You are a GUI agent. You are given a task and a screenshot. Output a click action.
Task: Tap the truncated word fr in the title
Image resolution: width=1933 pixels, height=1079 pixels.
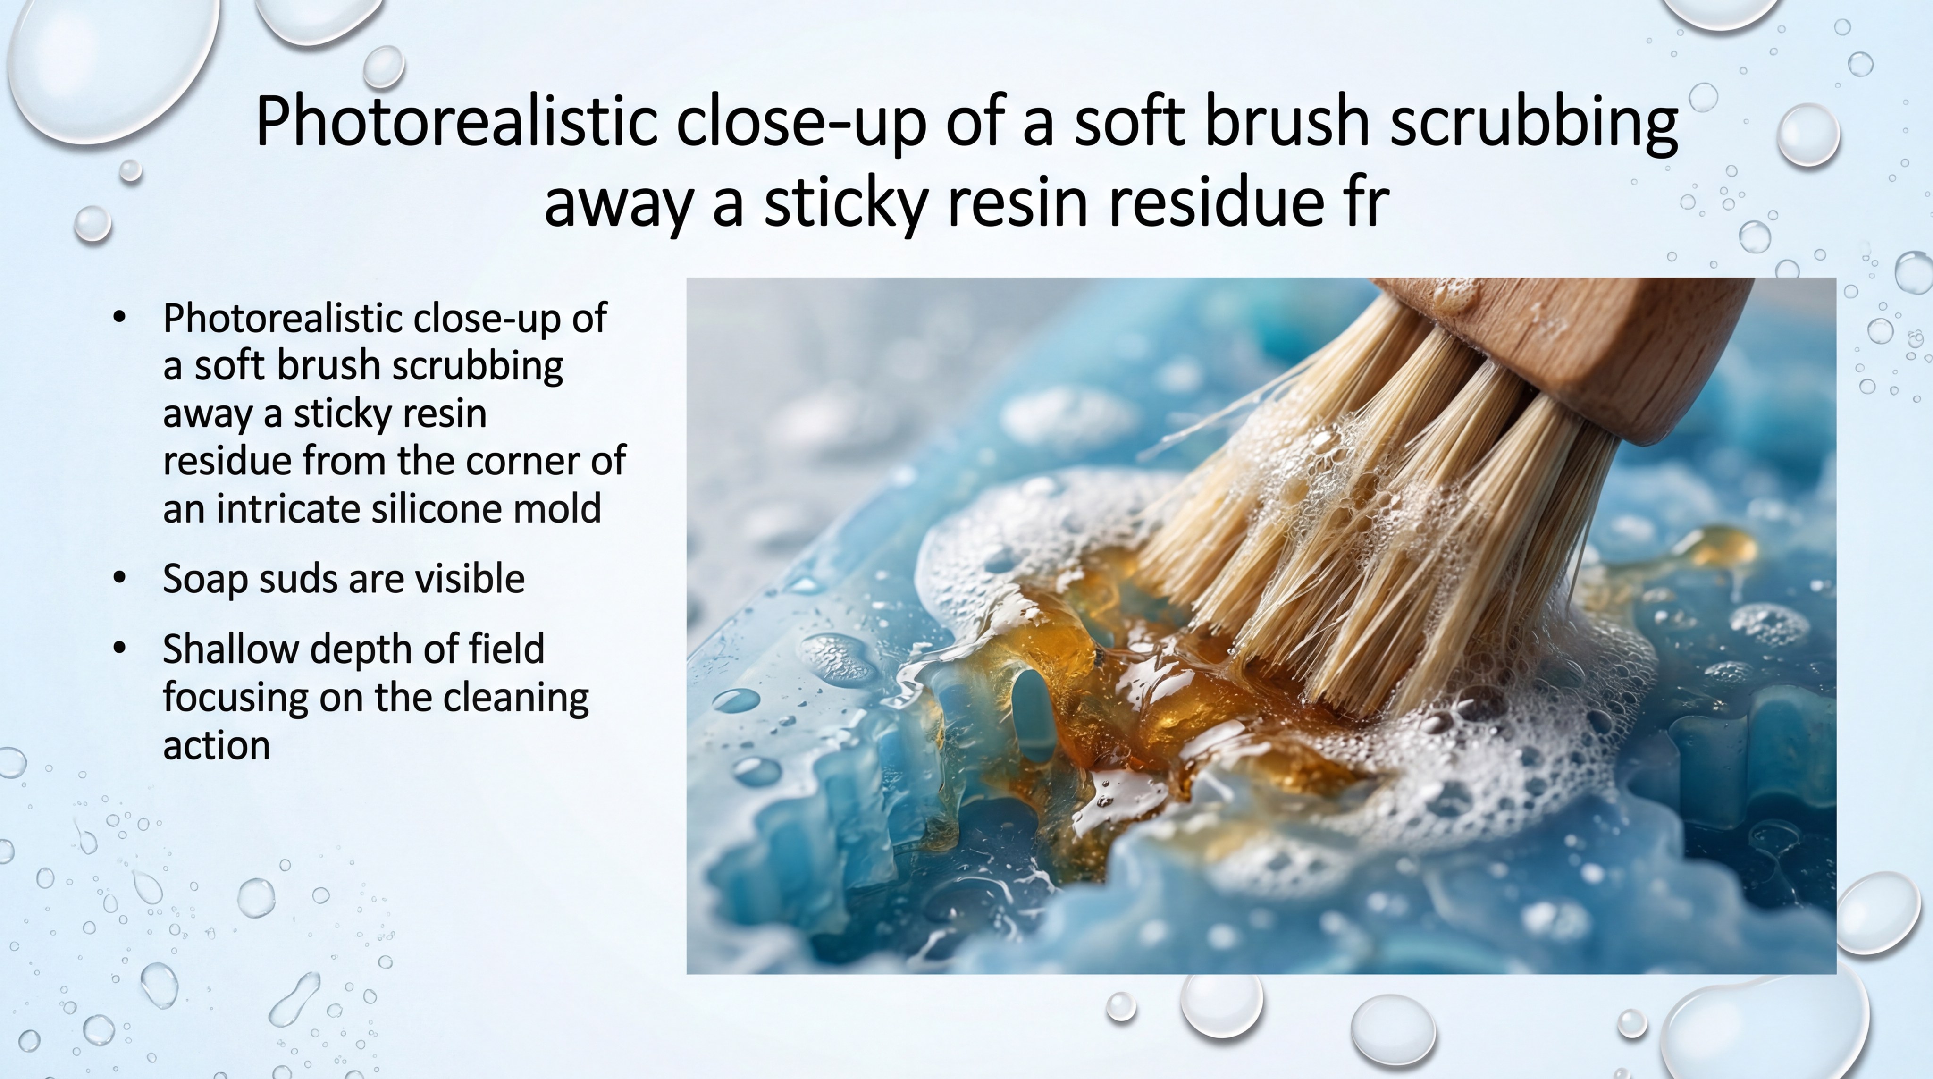point(1367,203)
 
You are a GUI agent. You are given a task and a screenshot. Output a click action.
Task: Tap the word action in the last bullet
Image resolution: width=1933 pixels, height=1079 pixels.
point(216,746)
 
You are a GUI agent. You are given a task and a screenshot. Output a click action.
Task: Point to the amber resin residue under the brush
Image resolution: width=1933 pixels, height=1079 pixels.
point(1141,698)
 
